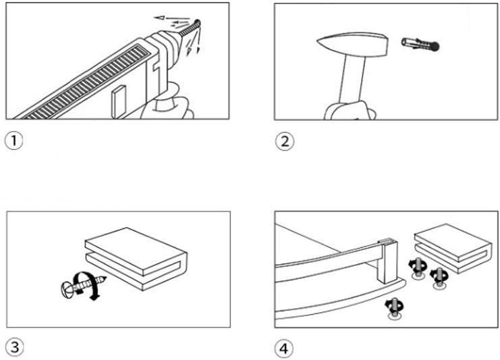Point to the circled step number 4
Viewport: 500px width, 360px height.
[284, 348]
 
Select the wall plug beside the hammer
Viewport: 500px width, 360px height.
[416, 45]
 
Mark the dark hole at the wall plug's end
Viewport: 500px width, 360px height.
[435, 46]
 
